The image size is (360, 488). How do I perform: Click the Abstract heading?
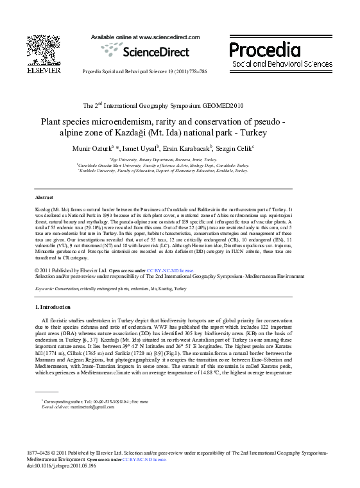[44, 198]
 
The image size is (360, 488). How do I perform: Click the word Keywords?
[44, 289]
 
